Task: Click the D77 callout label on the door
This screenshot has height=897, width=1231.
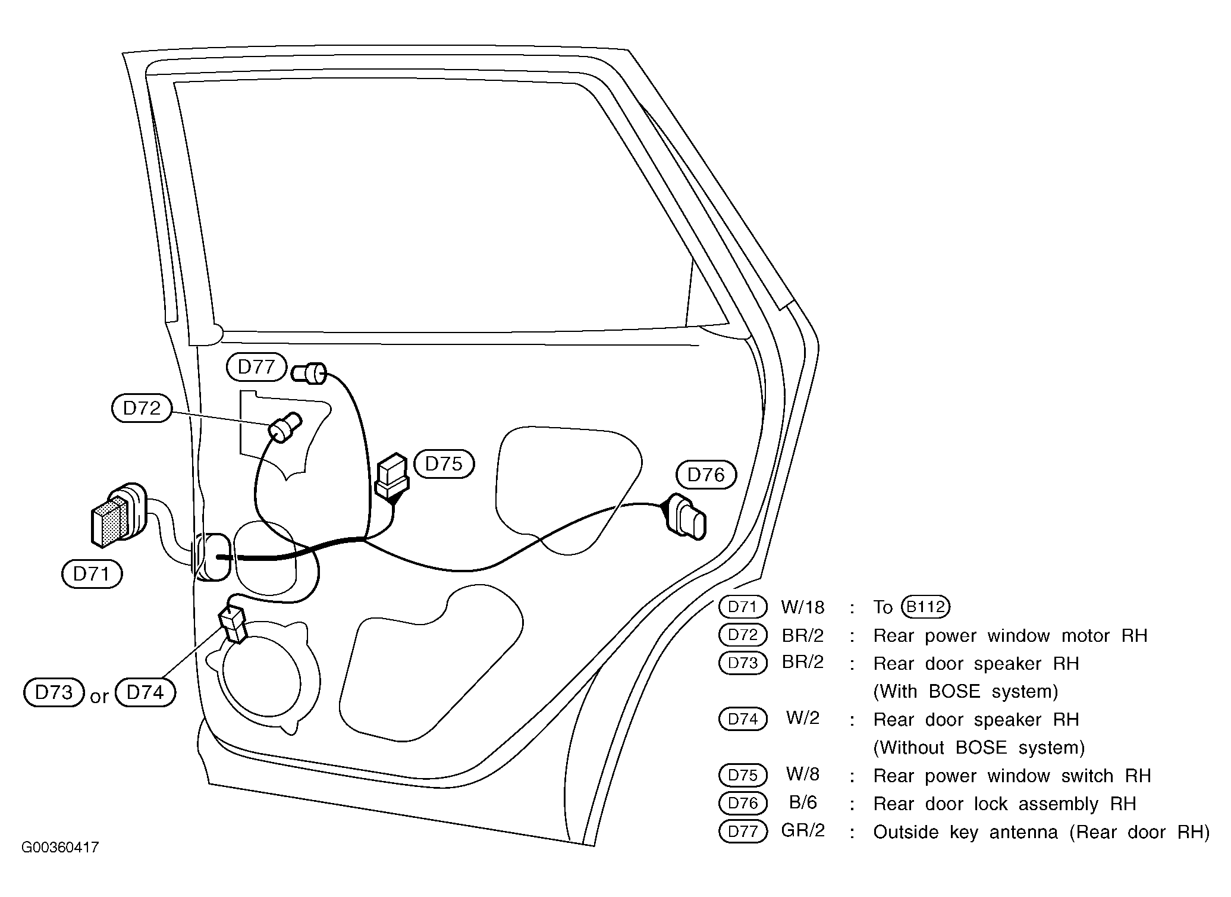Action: pyautogui.click(x=256, y=367)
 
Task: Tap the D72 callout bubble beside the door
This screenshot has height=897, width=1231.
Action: pyautogui.click(x=142, y=408)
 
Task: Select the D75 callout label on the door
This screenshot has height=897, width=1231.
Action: pyautogui.click(x=444, y=464)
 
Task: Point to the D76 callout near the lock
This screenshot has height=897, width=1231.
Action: pyautogui.click(x=706, y=475)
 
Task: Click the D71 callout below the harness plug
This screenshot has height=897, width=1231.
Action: pyautogui.click(x=92, y=574)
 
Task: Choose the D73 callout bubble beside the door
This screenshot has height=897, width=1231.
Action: pyautogui.click(x=54, y=692)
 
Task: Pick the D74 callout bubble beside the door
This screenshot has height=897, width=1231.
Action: pyautogui.click(x=145, y=692)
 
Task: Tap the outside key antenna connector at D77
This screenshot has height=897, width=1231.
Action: pyautogui.click(x=309, y=373)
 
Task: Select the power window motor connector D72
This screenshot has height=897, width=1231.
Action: pyautogui.click(x=285, y=426)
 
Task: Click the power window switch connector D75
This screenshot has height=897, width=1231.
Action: pyautogui.click(x=392, y=476)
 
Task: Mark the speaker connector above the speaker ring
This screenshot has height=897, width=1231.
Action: pyautogui.click(x=234, y=623)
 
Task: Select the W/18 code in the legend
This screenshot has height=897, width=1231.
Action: pyautogui.click(x=803, y=607)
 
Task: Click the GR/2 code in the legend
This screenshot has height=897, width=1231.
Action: pyautogui.click(x=803, y=831)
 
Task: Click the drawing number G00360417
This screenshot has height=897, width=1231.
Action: pyautogui.click(x=60, y=848)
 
